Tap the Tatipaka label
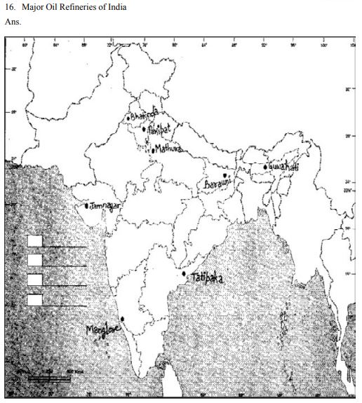pyautogui.click(x=207, y=278)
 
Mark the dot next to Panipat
pyautogui.click(x=144, y=129)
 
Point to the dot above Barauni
pyautogui.click(x=224, y=175)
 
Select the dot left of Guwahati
pyautogui.click(x=264, y=167)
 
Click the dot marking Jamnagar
pyautogui.click(x=86, y=207)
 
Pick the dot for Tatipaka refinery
pyautogui.click(x=184, y=274)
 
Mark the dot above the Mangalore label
pyautogui.click(x=122, y=320)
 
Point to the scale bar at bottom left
pyautogui.click(x=49, y=378)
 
